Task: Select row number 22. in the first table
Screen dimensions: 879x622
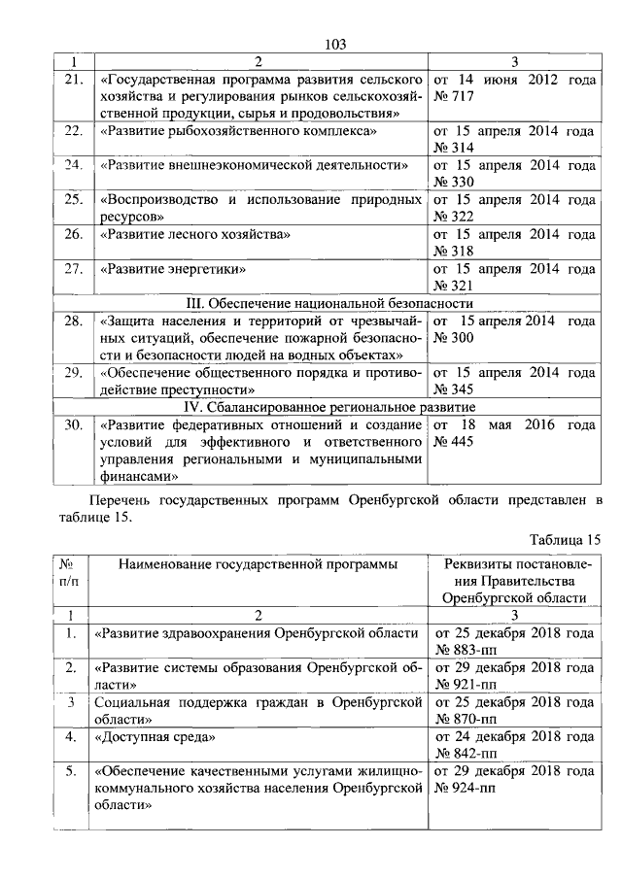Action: pos(73,129)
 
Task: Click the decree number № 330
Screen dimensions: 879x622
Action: pos(454,182)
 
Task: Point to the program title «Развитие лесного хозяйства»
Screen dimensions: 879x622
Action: pos(195,234)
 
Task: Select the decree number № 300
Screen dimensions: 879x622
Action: pos(454,337)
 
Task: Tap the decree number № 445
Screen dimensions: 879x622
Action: pos(454,442)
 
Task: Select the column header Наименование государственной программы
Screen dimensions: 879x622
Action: pos(259,564)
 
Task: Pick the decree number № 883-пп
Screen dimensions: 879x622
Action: pos(466,650)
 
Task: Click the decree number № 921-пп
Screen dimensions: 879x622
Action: pos(466,685)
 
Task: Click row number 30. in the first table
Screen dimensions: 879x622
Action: pos(73,424)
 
